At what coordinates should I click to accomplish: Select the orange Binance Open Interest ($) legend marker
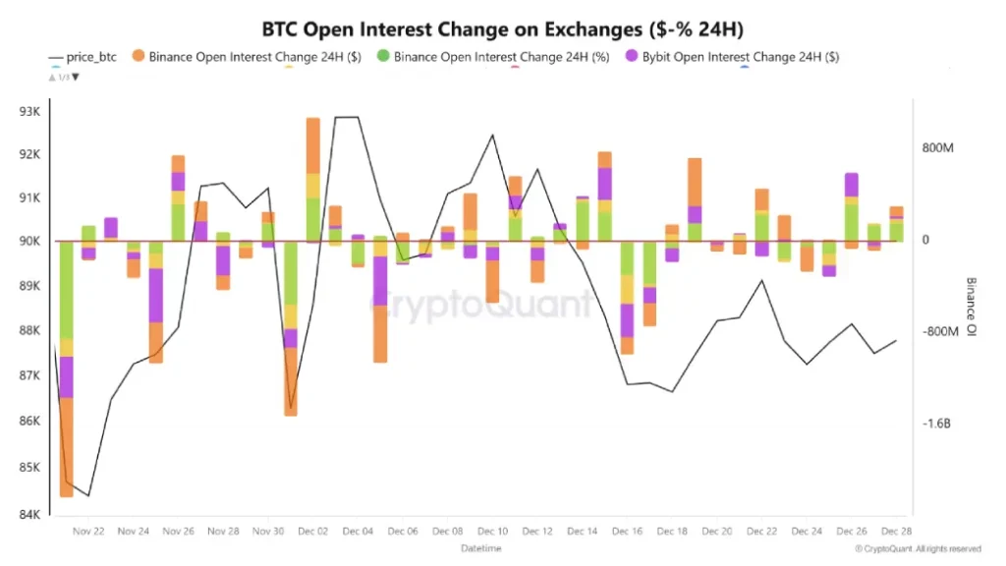pos(139,57)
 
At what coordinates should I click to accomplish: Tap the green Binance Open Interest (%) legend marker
pos(383,57)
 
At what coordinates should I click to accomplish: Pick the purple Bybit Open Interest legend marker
pos(632,57)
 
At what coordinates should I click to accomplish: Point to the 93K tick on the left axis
pos(29,111)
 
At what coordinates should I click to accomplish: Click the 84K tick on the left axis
pos(29,514)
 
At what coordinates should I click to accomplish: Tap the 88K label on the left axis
pos(29,331)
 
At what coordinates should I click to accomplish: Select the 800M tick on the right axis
pos(938,148)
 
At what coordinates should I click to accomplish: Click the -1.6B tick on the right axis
pos(937,424)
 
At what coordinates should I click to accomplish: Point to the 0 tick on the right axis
pos(924,240)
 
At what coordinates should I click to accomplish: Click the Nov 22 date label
pos(88,532)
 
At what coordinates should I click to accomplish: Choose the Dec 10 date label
pos(492,532)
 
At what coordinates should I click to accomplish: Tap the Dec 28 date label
pos(895,532)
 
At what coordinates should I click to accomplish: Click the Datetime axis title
pos(481,547)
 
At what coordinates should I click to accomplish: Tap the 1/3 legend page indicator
pos(64,77)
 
